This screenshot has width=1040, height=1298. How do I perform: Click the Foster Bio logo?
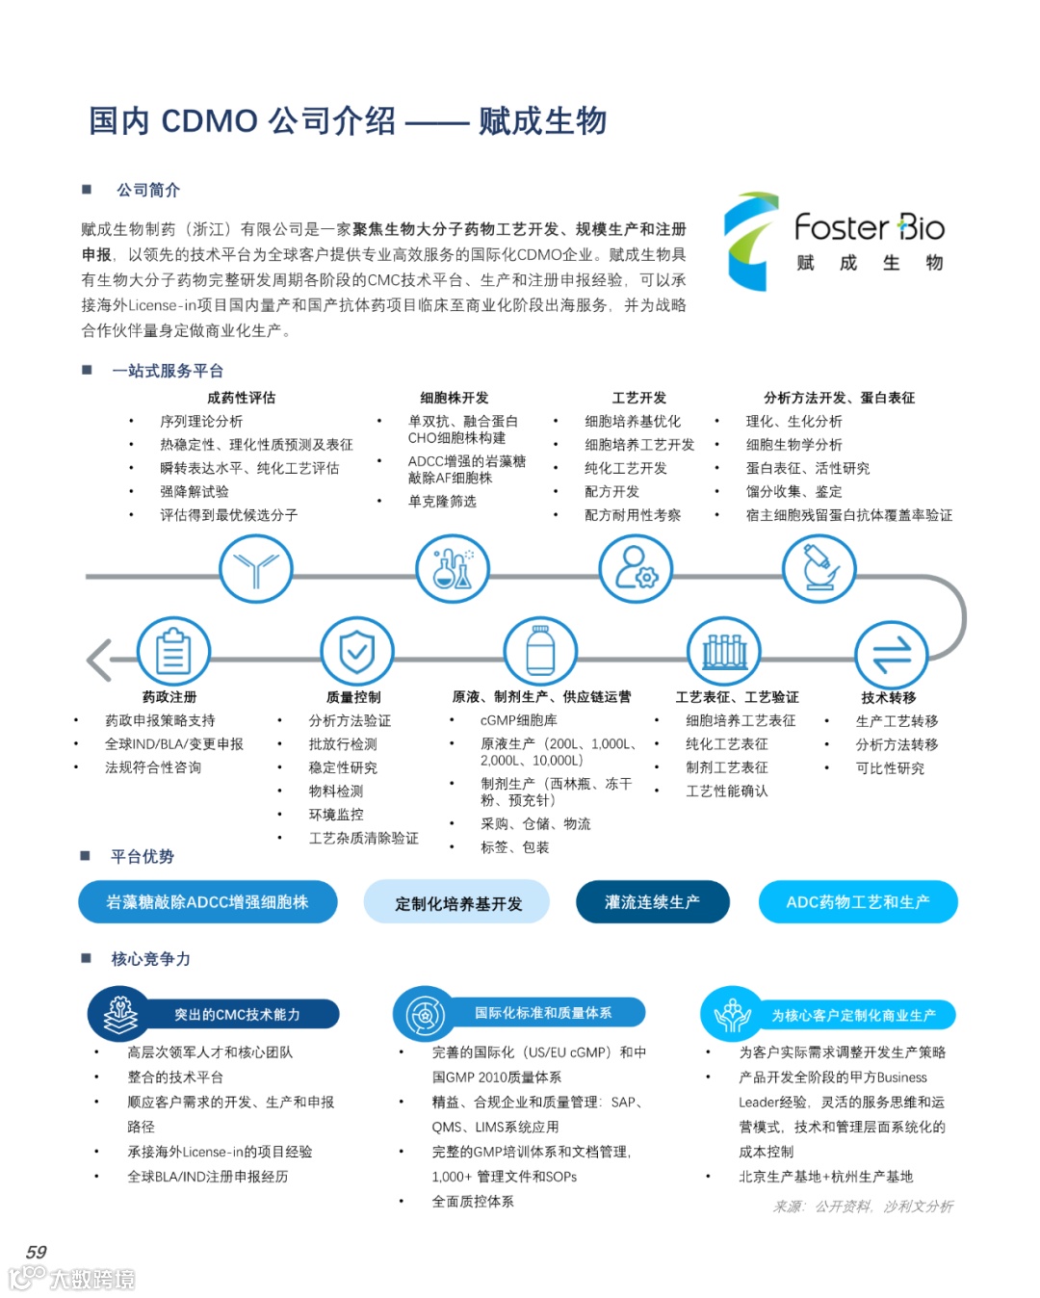834,242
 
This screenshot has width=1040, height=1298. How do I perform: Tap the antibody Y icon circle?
255,569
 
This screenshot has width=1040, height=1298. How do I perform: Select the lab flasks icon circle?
452,569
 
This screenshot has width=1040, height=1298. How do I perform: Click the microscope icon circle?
818,569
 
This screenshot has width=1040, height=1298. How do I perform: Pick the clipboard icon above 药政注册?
173,653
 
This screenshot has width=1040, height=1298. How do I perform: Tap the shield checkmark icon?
356,653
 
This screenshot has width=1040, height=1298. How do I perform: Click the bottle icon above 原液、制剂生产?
540,653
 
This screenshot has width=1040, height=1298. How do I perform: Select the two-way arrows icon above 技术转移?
891,656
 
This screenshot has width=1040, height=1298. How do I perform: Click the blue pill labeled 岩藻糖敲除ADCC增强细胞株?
208,902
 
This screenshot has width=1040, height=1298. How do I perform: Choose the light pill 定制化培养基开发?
456,903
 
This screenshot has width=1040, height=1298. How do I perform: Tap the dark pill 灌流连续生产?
652,902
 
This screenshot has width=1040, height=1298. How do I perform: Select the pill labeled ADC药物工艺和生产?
858,902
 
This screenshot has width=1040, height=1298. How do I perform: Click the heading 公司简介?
148,190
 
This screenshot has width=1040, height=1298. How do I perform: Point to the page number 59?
37,1252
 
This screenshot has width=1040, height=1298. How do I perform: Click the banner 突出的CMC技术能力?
237,1014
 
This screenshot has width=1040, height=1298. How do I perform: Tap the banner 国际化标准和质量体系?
543,1013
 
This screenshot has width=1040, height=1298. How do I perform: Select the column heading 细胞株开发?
454,398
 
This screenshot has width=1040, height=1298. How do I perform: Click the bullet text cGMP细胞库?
518,720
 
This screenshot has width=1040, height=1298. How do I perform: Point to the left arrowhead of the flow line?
97,660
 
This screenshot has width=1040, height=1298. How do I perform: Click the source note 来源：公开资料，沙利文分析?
863,1207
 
